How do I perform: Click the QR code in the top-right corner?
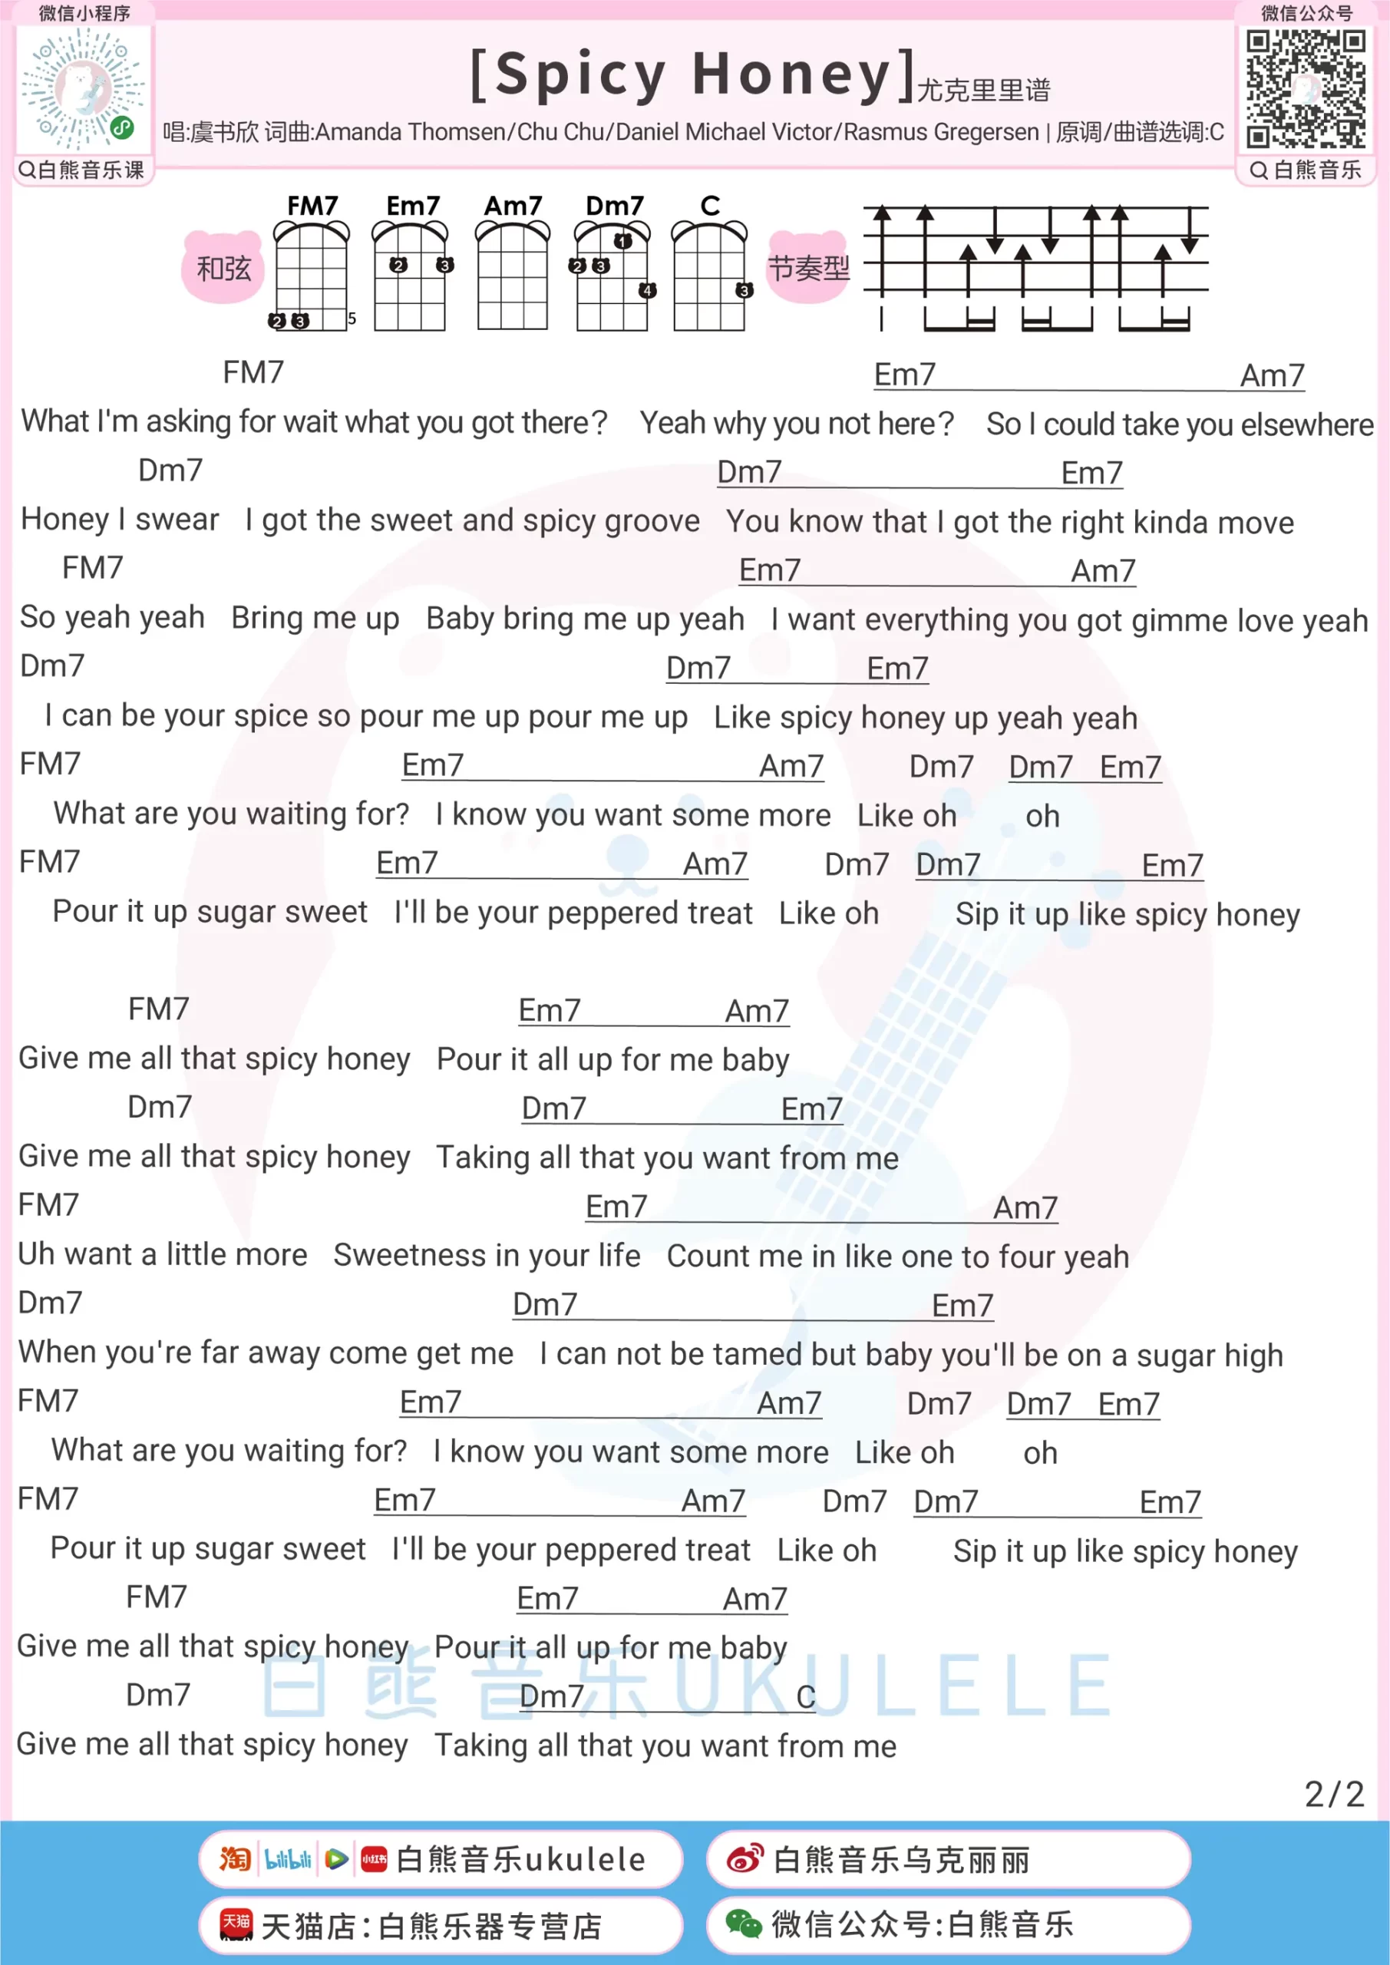(x=1306, y=88)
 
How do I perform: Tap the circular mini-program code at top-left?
(x=84, y=88)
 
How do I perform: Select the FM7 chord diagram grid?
(x=311, y=277)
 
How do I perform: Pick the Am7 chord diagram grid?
(x=513, y=277)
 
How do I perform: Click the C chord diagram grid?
(x=708, y=277)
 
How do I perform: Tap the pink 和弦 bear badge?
(x=223, y=268)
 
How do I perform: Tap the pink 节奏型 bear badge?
(x=808, y=268)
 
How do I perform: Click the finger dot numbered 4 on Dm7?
(x=648, y=290)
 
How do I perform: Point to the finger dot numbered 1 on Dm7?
(x=622, y=241)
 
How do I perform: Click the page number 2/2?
(x=1333, y=1794)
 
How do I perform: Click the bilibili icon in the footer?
(x=288, y=1859)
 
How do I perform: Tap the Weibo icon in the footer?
(x=745, y=1859)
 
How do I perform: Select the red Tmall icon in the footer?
(x=236, y=1925)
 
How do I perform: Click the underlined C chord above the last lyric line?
(x=805, y=1696)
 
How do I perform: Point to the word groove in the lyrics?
(x=653, y=521)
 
